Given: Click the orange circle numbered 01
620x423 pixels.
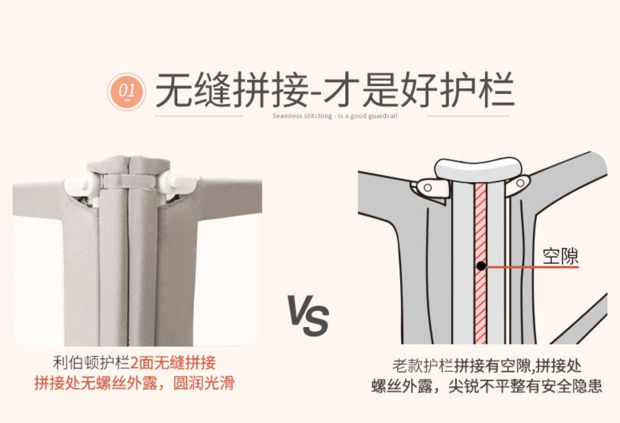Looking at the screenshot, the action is [x=127, y=91].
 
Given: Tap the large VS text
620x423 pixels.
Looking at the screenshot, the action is [x=308, y=315].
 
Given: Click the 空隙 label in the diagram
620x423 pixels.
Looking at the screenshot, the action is [x=560, y=256].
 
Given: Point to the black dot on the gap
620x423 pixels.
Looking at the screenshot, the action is [x=481, y=266].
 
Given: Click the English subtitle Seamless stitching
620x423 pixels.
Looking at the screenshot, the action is [x=334, y=116].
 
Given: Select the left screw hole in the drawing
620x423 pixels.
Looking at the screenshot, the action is [x=428, y=188].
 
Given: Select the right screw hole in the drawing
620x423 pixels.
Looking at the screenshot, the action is [x=521, y=182].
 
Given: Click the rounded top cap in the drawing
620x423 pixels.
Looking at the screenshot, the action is [x=478, y=167].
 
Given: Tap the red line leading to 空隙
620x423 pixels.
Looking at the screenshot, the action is [x=533, y=267].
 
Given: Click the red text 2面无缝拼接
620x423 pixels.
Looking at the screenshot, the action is [x=173, y=363].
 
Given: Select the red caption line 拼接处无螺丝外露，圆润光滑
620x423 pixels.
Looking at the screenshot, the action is [x=134, y=383].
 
